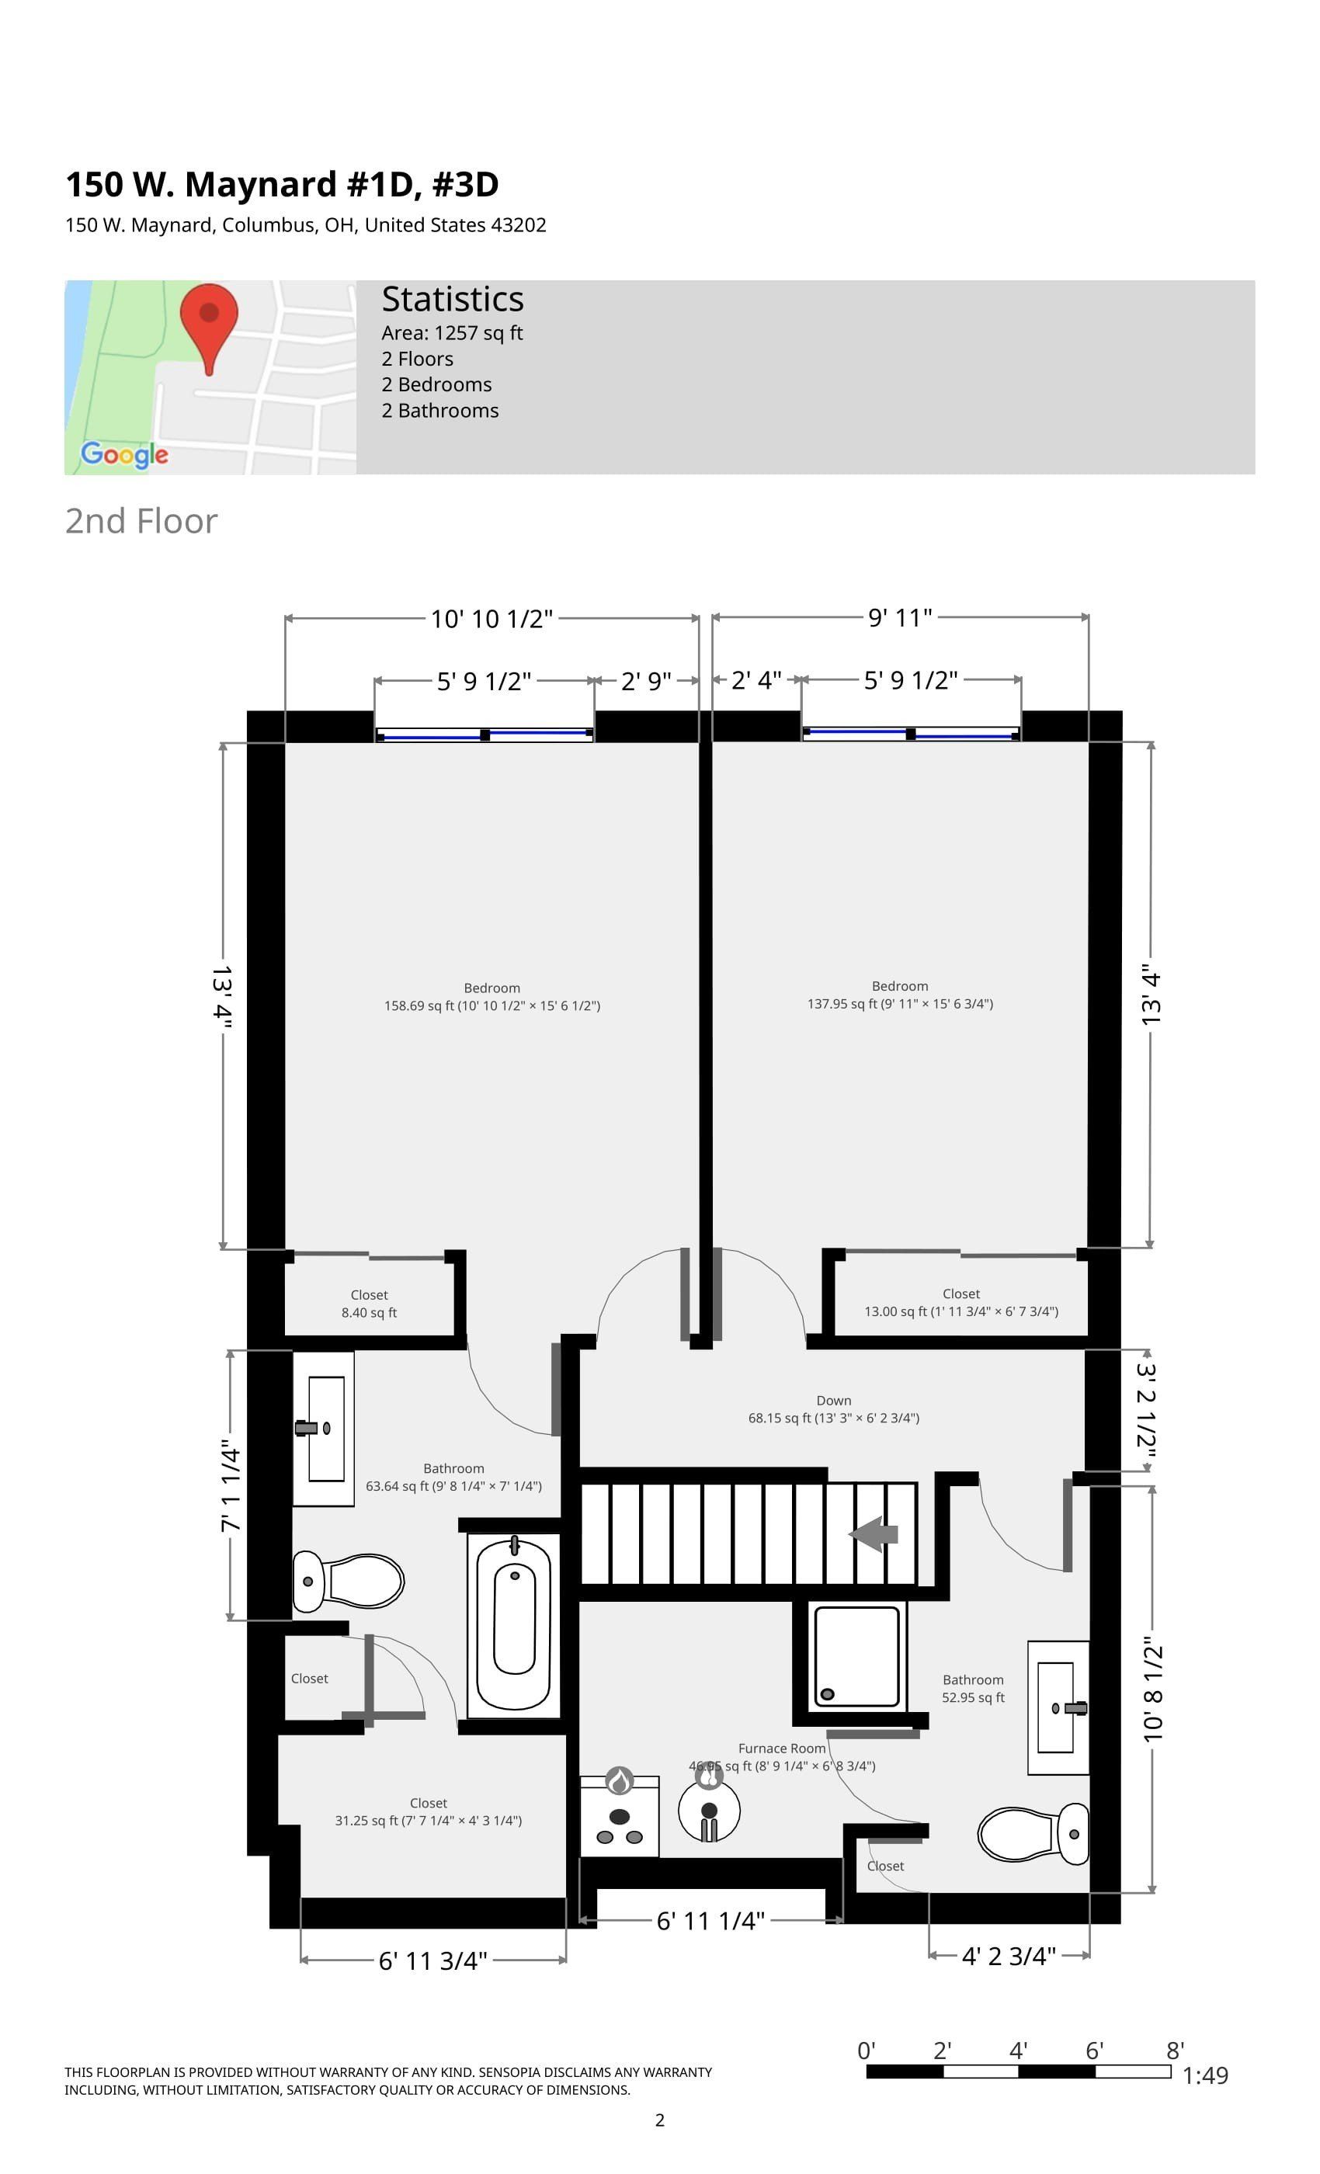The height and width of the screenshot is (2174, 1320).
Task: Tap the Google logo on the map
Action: tap(124, 454)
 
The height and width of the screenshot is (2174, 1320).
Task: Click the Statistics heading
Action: tap(452, 299)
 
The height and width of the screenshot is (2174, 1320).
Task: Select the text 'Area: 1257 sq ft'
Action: tap(452, 332)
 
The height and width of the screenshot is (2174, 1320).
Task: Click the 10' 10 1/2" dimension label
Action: tap(492, 619)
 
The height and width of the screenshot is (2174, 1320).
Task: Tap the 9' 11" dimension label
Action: tap(900, 616)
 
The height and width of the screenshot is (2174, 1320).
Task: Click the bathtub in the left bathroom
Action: tap(513, 1625)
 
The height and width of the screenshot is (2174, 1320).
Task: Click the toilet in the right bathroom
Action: tap(1033, 1833)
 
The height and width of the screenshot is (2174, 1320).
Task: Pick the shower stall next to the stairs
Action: tap(856, 1656)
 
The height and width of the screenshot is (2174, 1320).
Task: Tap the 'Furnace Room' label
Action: tap(782, 1748)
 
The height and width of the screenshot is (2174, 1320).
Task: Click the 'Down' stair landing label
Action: tap(833, 1400)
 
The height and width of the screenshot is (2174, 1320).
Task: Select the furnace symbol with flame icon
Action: tap(620, 1815)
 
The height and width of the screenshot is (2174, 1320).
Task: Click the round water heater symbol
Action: tap(708, 1811)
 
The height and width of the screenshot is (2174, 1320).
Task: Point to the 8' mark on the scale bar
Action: tap(1174, 2051)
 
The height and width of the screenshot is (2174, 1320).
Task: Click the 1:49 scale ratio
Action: tap(1204, 2075)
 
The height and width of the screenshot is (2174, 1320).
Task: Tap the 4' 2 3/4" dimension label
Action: tap(1009, 1956)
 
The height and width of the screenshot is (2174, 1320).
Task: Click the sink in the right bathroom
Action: tap(1058, 1708)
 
